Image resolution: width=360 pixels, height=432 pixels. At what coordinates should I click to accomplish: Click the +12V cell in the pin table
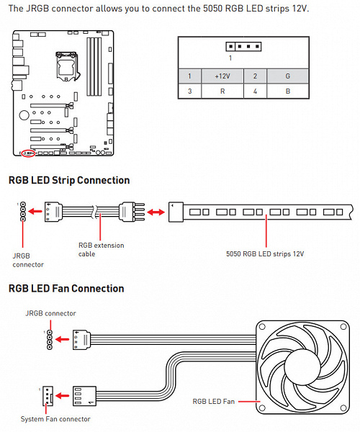click(222, 76)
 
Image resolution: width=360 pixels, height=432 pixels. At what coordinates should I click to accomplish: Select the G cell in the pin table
click(287, 76)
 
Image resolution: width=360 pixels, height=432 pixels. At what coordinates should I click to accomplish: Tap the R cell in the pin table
click(222, 91)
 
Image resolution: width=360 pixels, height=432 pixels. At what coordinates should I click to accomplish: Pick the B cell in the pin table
click(287, 91)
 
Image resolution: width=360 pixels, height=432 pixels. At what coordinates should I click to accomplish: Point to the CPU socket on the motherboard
click(67, 66)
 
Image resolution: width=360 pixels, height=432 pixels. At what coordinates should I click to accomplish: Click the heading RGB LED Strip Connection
click(69, 180)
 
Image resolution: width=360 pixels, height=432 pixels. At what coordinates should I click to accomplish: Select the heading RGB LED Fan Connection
click(66, 289)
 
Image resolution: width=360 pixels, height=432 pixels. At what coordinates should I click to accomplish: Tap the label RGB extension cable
click(101, 250)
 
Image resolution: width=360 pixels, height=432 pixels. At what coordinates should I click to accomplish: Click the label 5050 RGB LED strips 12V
click(265, 253)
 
